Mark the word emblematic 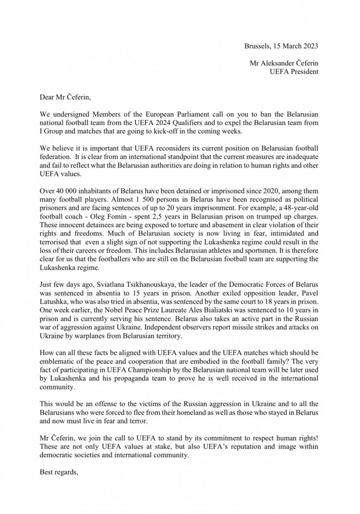click(x=58, y=362)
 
